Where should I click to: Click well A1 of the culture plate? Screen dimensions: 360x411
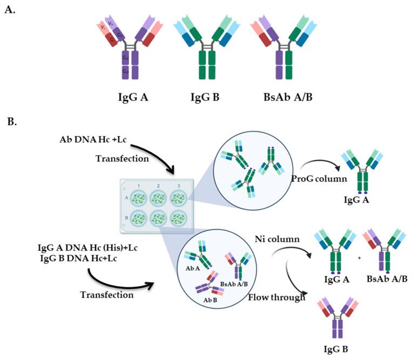(138, 198)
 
